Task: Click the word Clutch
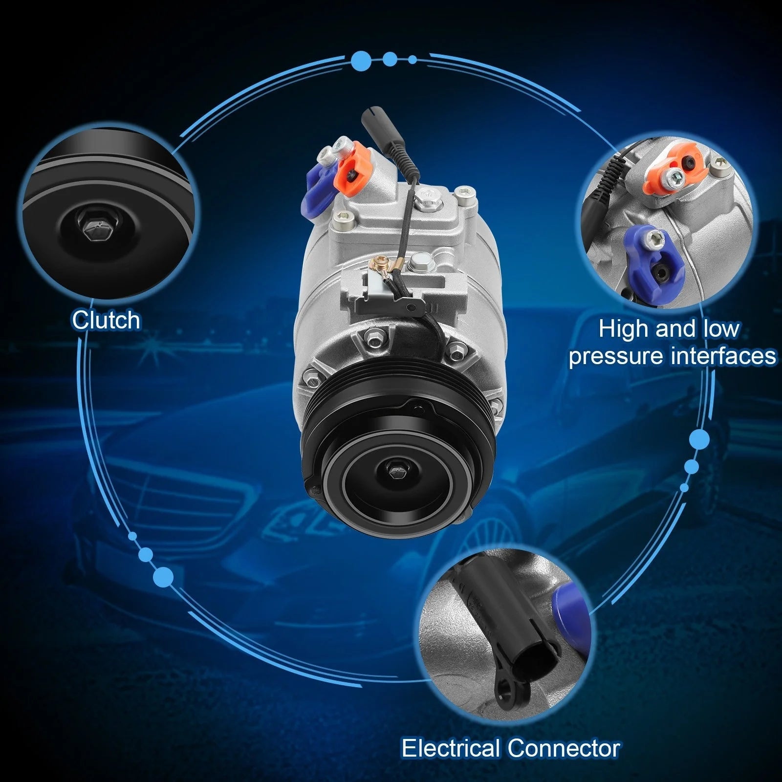coord(106,320)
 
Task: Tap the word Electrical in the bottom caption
coord(450,748)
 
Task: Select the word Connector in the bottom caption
coord(564,748)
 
